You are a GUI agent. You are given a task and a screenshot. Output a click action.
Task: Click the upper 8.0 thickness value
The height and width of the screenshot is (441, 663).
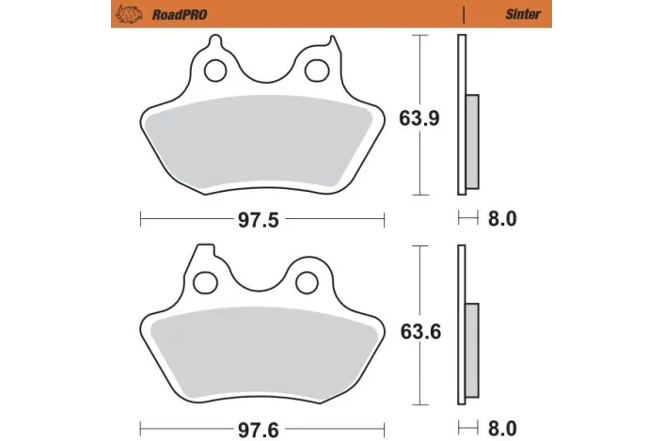click(503, 219)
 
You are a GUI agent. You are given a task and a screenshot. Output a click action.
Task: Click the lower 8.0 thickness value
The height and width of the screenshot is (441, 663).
click(503, 428)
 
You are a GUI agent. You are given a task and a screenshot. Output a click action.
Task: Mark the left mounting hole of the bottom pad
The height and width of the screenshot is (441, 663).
click(207, 281)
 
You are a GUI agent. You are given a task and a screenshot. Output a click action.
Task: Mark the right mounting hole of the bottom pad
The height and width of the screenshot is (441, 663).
click(306, 281)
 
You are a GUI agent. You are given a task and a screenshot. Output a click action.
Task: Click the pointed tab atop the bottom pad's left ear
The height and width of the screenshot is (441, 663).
click(199, 249)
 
